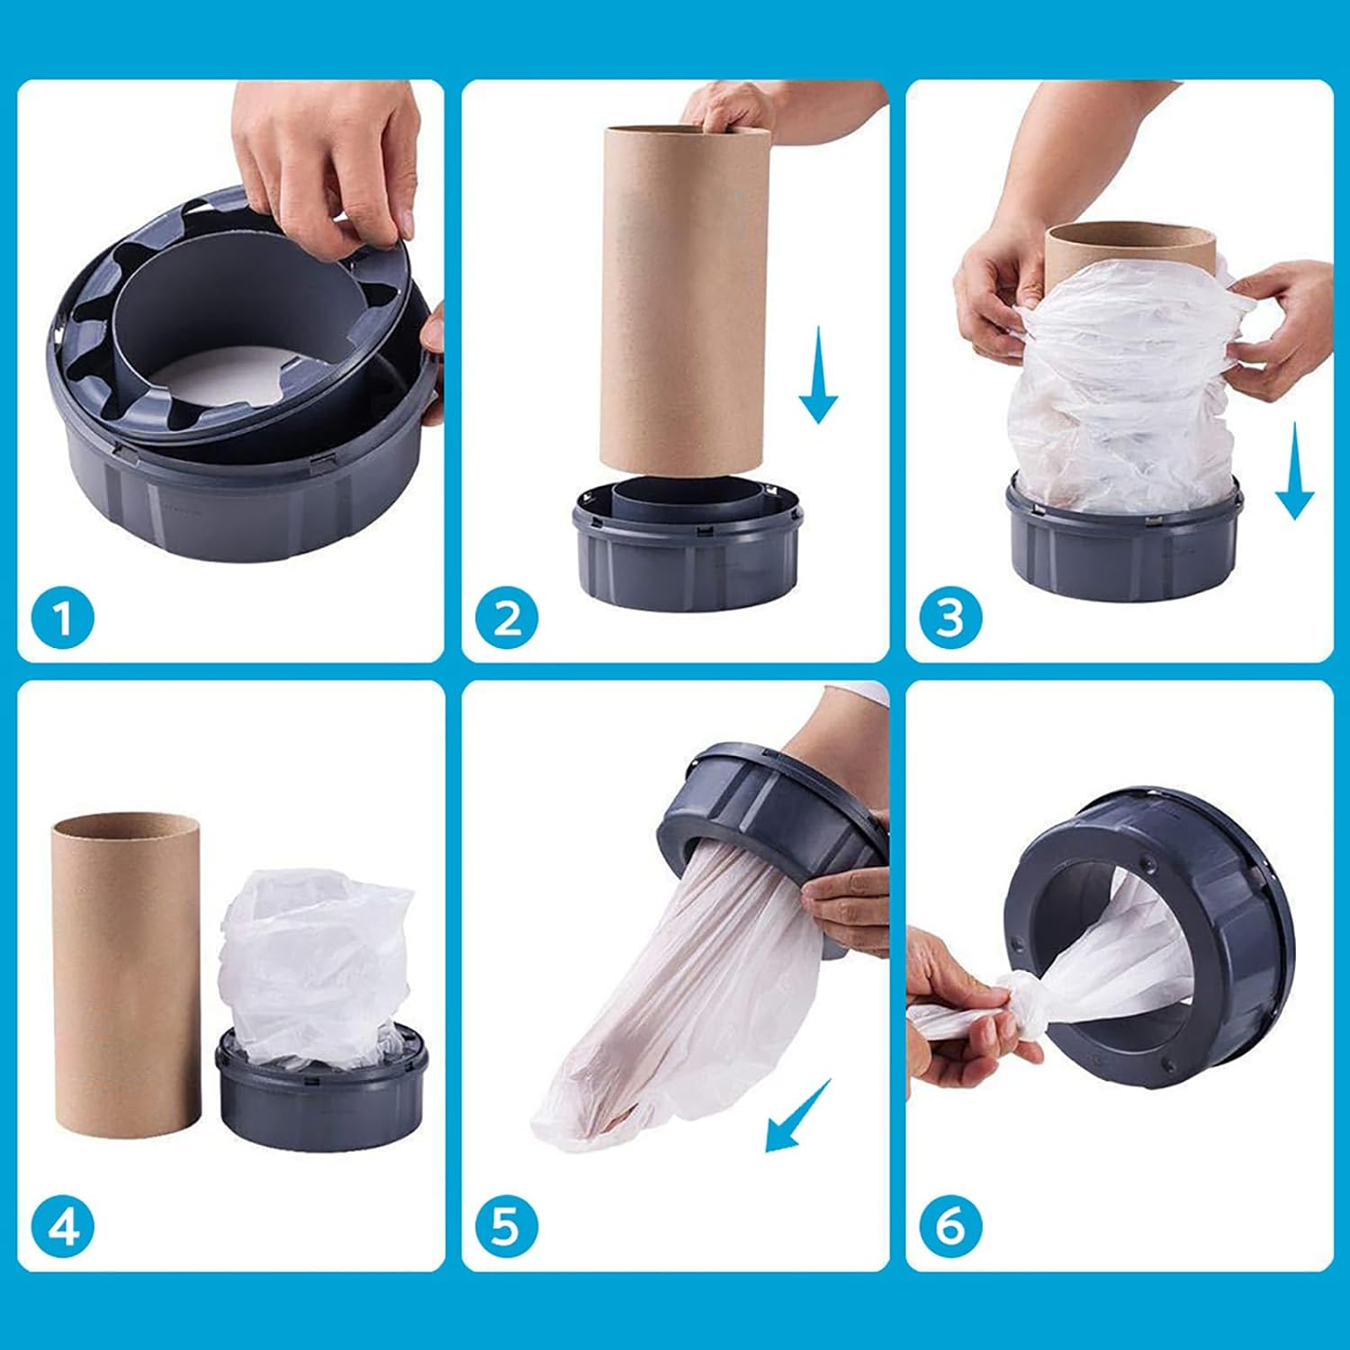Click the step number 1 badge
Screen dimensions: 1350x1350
(x=62, y=619)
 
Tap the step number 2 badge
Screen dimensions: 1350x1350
(x=507, y=619)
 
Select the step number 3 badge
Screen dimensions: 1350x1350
(x=950, y=619)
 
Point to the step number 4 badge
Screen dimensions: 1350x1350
(x=62, y=1227)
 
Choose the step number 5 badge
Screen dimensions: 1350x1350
(x=507, y=1227)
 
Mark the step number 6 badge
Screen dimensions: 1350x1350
(x=950, y=1227)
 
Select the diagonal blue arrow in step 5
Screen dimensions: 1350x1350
(x=796, y=1117)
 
